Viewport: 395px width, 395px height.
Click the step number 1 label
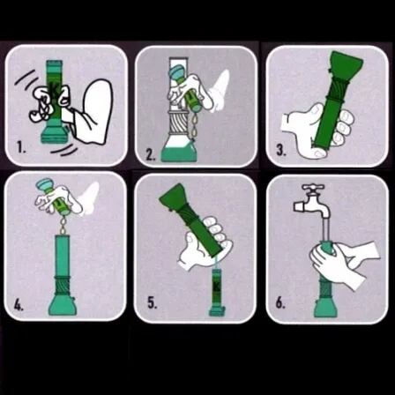click(x=21, y=147)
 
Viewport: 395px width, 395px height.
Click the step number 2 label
click(x=151, y=155)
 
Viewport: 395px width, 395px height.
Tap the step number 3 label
click(x=281, y=151)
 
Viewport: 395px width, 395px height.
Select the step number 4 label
click(x=19, y=306)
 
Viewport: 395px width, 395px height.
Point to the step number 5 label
click(x=153, y=303)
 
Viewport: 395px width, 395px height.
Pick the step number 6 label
click(x=280, y=303)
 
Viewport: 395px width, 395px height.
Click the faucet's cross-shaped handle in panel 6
click(x=313, y=188)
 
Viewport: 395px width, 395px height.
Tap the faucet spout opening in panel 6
click(x=325, y=217)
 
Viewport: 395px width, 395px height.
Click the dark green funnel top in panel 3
click(x=347, y=63)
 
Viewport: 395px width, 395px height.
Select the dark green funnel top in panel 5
click(x=175, y=197)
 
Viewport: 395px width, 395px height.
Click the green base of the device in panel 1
click(x=54, y=135)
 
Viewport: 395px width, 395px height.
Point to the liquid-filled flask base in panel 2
click(x=178, y=151)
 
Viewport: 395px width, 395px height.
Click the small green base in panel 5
click(x=217, y=311)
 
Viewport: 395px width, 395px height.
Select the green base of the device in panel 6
click(x=325, y=308)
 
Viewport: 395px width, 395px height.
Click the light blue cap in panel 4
click(x=44, y=184)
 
